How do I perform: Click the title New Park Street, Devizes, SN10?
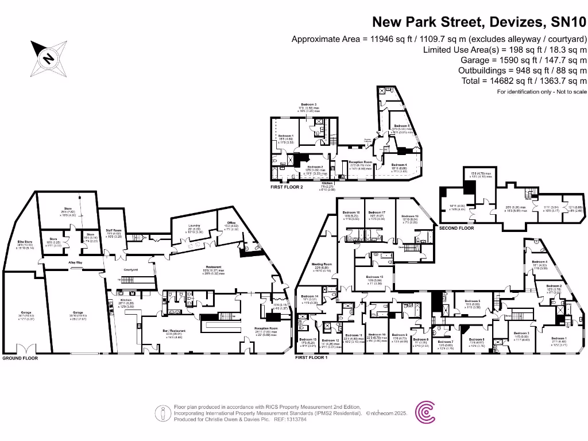(479, 22)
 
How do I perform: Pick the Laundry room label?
(194, 226)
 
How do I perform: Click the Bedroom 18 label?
(351, 212)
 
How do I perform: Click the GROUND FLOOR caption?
(20, 358)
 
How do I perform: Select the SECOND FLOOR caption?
(457, 228)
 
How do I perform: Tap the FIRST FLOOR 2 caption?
(287, 187)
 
